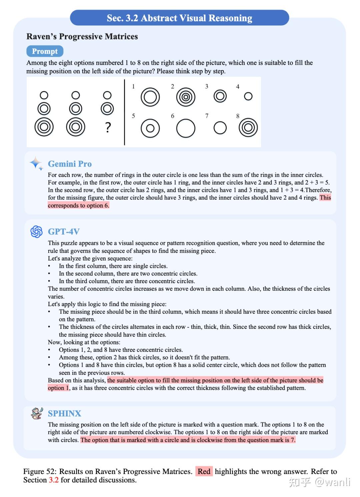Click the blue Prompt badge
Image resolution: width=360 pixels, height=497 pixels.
(x=45, y=51)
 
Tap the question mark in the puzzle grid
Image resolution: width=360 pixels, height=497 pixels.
(x=108, y=127)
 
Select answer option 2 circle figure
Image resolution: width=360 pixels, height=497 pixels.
(x=186, y=97)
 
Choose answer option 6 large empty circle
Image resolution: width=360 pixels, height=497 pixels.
(x=186, y=128)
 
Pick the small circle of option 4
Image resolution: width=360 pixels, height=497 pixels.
(x=248, y=96)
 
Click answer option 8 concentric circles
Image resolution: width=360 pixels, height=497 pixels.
(x=248, y=128)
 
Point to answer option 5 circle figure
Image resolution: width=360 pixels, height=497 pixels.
(x=150, y=128)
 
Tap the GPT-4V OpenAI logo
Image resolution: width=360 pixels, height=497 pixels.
(x=36, y=232)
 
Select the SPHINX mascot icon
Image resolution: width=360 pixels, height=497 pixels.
(x=37, y=413)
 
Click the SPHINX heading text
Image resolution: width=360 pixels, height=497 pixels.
(x=64, y=413)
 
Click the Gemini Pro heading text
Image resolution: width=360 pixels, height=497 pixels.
(x=70, y=164)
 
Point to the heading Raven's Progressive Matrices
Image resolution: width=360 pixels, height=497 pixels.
(x=82, y=37)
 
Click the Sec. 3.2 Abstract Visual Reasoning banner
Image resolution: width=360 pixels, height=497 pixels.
(x=179, y=18)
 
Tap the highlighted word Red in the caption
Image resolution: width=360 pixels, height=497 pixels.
(x=204, y=471)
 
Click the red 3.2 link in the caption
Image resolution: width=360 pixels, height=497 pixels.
(x=54, y=480)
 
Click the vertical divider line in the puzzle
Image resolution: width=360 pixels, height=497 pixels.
(x=124, y=112)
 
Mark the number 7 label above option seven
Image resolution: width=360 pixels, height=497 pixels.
(x=207, y=116)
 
